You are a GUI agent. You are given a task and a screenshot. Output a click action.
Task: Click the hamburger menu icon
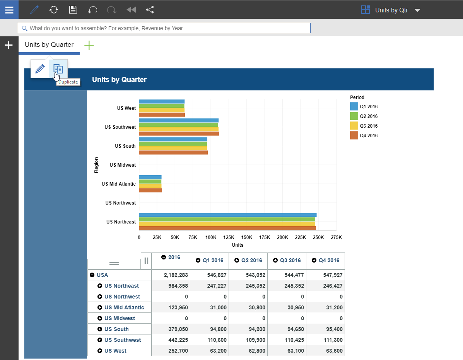tap(9, 10)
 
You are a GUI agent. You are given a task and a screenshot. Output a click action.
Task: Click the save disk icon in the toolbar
tap(73, 10)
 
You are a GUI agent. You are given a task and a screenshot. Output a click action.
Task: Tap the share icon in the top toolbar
tap(150, 10)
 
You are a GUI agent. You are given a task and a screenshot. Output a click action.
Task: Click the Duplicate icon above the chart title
tap(58, 69)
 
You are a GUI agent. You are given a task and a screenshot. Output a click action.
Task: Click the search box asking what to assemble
tap(164, 28)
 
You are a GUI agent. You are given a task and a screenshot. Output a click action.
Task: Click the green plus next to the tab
tap(89, 45)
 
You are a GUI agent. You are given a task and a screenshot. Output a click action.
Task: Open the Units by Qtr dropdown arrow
tap(417, 10)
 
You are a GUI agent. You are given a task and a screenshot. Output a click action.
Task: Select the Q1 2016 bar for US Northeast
tap(228, 215)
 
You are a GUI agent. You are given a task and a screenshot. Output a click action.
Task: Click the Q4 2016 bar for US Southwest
tap(179, 134)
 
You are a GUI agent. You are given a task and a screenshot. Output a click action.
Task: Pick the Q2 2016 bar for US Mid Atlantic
tap(150, 181)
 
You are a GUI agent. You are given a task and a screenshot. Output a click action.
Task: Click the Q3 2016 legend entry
tap(364, 126)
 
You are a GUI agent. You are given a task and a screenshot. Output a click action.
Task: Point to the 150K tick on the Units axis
tap(246, 237)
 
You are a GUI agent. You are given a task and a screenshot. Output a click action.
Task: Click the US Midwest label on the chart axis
tap(123, 165)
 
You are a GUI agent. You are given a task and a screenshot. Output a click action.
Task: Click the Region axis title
tap(96, 165)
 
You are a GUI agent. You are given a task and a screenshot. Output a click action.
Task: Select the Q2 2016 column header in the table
tap(248, 260)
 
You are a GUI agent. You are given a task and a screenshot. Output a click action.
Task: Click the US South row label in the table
tap(116, 329)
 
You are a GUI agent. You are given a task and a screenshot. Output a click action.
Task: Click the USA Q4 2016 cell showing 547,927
tap(333, 275)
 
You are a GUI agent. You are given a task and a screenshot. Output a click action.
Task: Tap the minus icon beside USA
tap(92, 275)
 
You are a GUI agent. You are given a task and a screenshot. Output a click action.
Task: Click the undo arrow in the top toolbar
tap(92, 10)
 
